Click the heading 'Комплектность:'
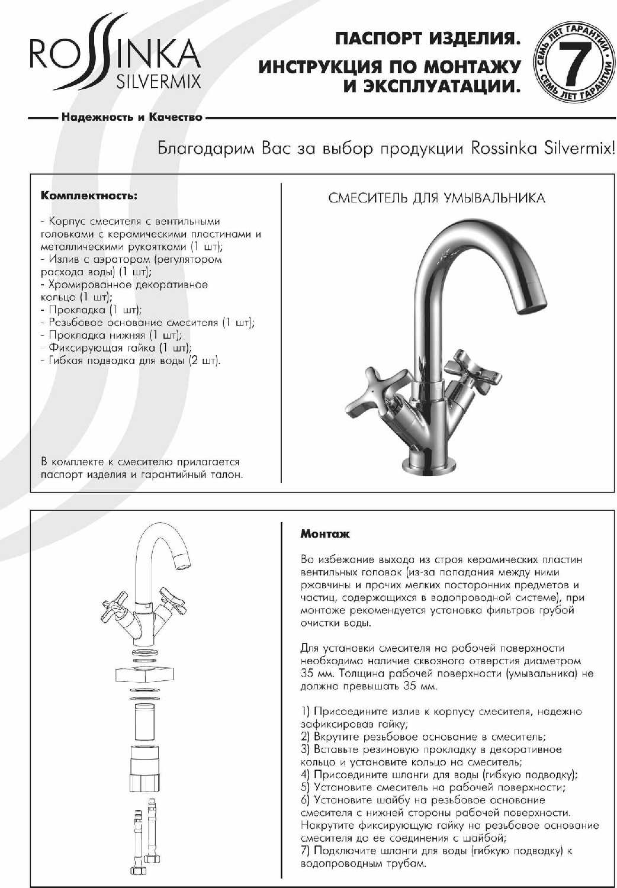(x=89, y=196)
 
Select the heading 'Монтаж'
(x=324, y=534)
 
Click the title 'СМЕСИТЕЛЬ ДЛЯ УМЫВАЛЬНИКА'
(x=436, y=198)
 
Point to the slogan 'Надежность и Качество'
(x=131, y=117)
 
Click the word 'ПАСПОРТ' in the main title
(x=376, y=40)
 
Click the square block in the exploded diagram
(x=145, y=673)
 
